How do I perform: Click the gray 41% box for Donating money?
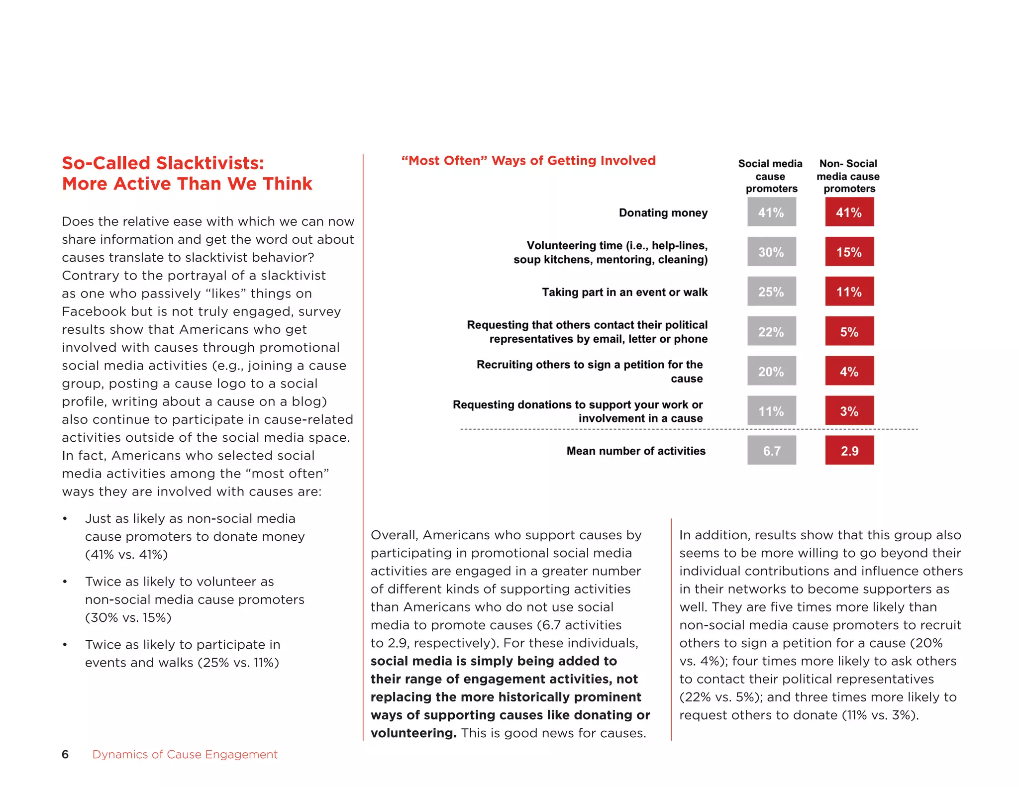771,212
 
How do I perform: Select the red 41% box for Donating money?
849,212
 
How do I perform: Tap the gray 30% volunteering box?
771,252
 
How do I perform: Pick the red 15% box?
849,252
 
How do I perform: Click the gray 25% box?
771,292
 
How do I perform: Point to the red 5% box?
849,331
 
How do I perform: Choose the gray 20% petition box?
771,371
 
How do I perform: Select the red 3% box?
849,411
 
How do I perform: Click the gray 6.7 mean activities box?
771,451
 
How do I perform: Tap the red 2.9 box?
849,451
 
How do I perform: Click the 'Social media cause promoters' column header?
770,176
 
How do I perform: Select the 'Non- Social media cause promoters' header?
848,176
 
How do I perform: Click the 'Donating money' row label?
663,213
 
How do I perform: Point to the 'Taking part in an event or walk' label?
624,292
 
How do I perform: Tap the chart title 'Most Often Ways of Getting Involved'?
528,161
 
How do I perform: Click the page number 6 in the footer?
65,754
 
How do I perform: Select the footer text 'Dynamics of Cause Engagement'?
185,754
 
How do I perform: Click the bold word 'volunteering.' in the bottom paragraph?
413,733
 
